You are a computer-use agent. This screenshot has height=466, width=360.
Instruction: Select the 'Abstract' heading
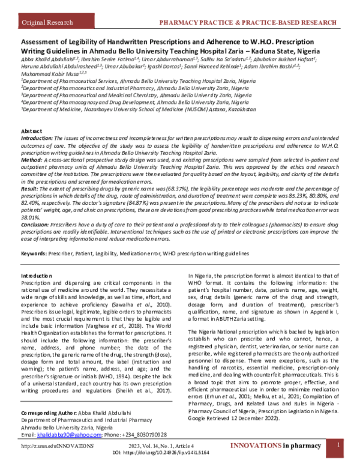point(32,130)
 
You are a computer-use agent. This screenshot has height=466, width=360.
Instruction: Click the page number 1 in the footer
point(338,446)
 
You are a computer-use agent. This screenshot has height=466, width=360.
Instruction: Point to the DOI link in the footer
point(179,456)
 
